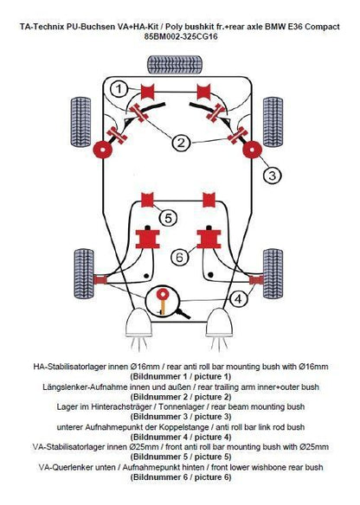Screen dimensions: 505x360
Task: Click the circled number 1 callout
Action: coord(120,88)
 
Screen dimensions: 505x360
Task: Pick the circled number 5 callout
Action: coord(169,218)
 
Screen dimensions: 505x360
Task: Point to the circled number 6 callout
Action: coord(180,256)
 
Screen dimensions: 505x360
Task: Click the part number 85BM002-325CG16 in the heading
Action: coord(180,38)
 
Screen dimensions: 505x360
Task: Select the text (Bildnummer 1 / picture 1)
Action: coord(180,377)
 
